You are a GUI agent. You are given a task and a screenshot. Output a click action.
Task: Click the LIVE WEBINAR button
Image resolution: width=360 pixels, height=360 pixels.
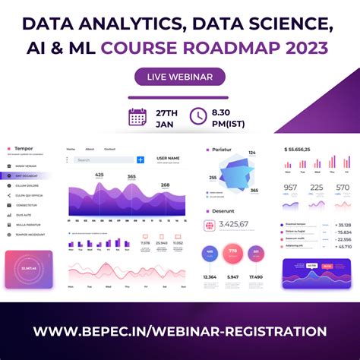[179, 77]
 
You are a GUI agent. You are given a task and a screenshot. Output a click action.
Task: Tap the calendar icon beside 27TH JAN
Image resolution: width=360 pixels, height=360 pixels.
[137, 116]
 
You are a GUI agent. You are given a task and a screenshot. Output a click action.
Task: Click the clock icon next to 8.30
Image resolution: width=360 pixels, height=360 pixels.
[198, 115]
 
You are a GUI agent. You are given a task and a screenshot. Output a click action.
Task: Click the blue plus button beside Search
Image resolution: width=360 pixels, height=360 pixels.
[141, 159]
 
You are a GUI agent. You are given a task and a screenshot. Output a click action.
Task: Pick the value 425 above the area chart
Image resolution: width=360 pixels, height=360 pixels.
[99, 175]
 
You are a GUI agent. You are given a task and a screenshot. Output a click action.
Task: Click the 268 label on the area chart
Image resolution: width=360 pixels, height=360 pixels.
[165, 185]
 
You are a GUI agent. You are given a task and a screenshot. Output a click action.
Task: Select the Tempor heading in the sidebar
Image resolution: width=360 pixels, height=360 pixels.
[24, 149]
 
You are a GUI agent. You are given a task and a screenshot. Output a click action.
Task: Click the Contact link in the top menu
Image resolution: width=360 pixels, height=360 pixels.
[109, 149]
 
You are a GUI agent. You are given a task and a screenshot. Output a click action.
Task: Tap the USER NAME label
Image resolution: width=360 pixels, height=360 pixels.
[168, 158]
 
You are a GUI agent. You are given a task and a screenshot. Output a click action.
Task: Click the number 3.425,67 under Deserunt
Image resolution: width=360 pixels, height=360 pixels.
[234, 224]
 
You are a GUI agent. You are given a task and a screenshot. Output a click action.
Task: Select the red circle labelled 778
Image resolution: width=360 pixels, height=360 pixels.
[233, 252]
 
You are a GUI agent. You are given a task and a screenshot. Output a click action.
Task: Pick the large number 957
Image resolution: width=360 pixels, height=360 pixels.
[291, 187]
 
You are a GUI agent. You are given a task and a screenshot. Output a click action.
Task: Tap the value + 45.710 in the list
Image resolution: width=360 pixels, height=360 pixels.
[343, 246]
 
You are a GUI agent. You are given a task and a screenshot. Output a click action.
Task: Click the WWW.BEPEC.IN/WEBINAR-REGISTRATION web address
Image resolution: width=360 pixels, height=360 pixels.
[180, 331]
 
